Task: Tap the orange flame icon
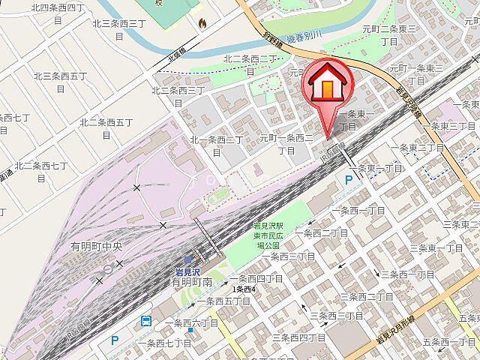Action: click(202, 24)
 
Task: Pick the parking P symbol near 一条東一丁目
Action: click(348, 179)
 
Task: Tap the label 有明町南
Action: click(192, 283)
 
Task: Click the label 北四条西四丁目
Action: click(58, 13)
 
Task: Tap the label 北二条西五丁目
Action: click(106, 127)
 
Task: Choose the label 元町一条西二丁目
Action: click(286, 144)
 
